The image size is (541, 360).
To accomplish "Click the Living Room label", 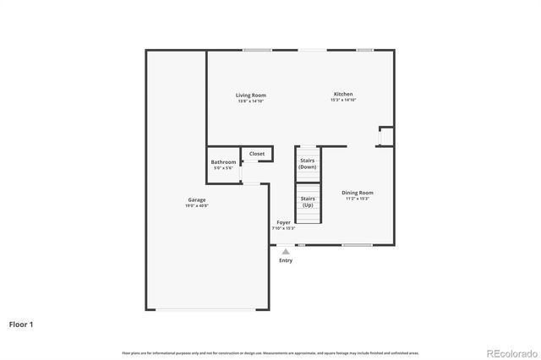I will pyautogui.click(x=251, y=95).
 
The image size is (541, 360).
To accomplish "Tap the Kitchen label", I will pyautogui.click(x=343, y=94).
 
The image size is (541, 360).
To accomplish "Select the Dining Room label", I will pyautogui.click(x=358, y=193).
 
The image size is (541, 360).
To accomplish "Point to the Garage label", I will pyautogui.click(x=196, y=200).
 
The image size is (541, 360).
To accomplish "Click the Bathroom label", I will pyautogui.click(x=224, y=161).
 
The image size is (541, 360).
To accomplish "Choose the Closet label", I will pyautogui.click(x=257, y=154).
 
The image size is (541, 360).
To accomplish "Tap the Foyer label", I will pyautogui.click(x=283, y=222).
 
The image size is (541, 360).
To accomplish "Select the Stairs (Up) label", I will pyautogui.click(x=308, y=203).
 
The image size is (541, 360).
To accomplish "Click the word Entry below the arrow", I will pyautogui.click(x=286, y=260).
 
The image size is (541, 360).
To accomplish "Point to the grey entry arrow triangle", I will pyautogui.click(x=286, y=251).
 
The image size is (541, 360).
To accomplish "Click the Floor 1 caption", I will pyautogui.click(x=21, y=324).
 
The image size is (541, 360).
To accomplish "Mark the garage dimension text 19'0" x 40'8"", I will pyautogui.click(x=196, y=206).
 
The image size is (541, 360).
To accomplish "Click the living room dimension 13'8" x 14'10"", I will pyautogui.click(x=251, y=101).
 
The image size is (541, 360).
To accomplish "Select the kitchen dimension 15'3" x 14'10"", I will pyautogui.click(x=343, y=100).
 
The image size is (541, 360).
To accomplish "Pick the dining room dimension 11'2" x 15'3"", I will pyautogui.click(x=358, y=199).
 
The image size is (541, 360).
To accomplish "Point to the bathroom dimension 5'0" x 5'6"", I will pyautogui.click(x=224, y=167).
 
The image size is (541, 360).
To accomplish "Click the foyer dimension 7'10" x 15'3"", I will pyautogui.click(x=283, y=228).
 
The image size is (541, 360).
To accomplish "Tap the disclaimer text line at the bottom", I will pyautogui.click(x=270, y=352).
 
